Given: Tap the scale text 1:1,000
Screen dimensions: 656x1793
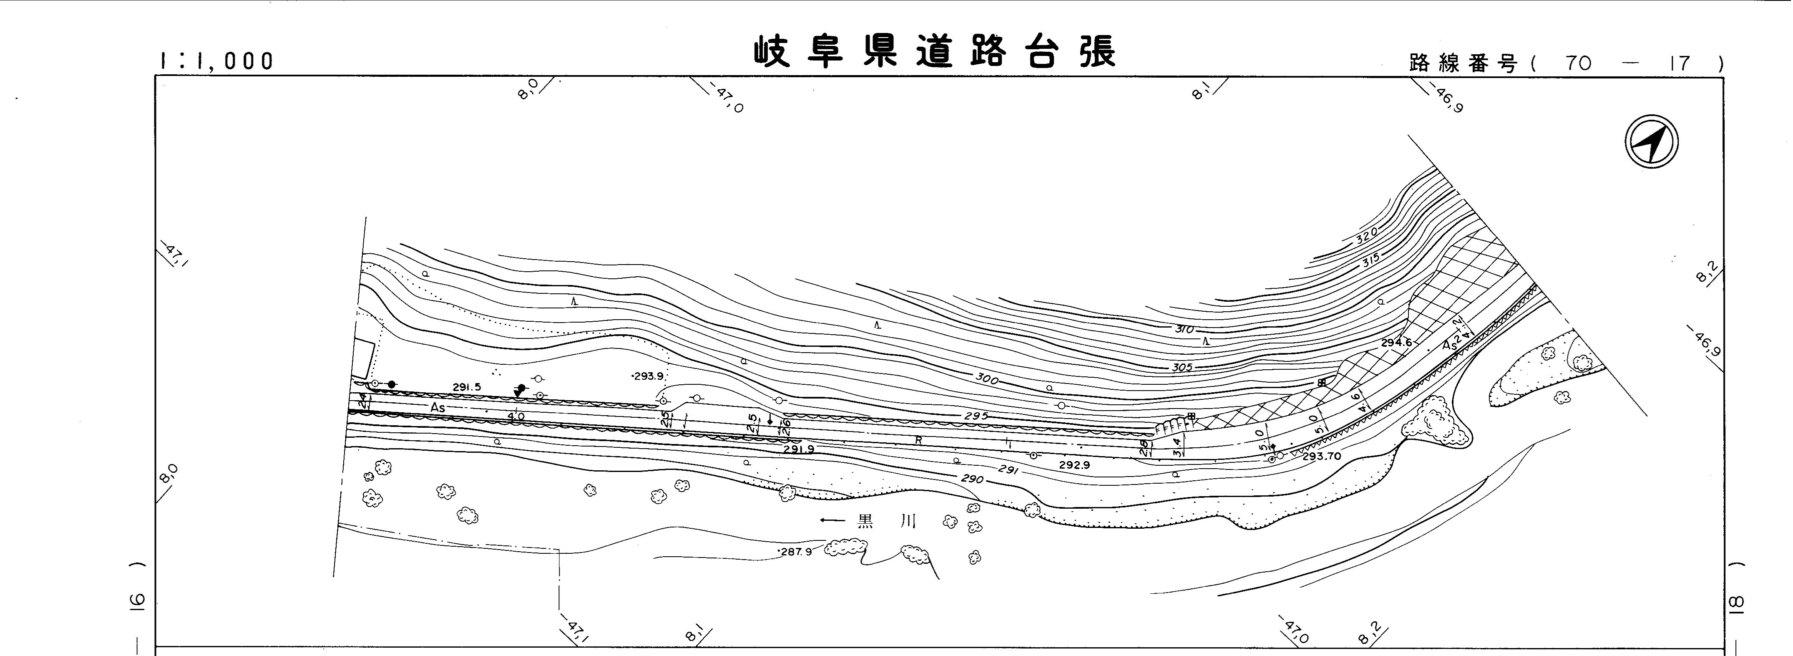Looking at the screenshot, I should point(216,61).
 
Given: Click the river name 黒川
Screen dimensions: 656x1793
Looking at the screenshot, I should point(886,520).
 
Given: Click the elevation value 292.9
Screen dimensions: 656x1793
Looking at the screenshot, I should point(1074,464).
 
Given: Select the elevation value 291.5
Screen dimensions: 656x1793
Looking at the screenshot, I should point(466,387).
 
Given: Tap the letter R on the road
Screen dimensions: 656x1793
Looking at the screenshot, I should point(918,440).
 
